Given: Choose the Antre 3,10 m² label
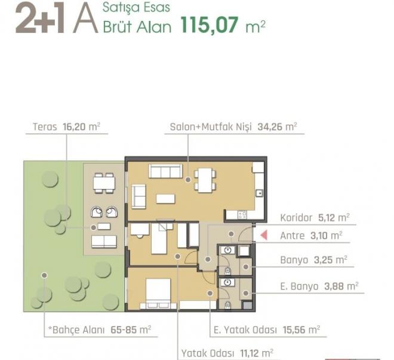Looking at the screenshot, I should [311, 236].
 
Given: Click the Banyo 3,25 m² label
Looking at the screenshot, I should [313, 260].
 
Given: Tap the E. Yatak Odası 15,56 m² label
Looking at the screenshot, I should [267, 329].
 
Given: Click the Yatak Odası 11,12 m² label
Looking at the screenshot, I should [228, 352].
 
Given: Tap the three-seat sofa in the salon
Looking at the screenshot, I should [165, 172].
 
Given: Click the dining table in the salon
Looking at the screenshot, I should [205, 179].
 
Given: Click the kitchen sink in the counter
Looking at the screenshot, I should [260, 193].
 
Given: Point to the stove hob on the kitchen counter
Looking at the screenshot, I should [242, 214].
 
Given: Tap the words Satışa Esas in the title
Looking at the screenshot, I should [128, 8].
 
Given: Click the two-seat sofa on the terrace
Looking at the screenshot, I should [103, 241].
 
